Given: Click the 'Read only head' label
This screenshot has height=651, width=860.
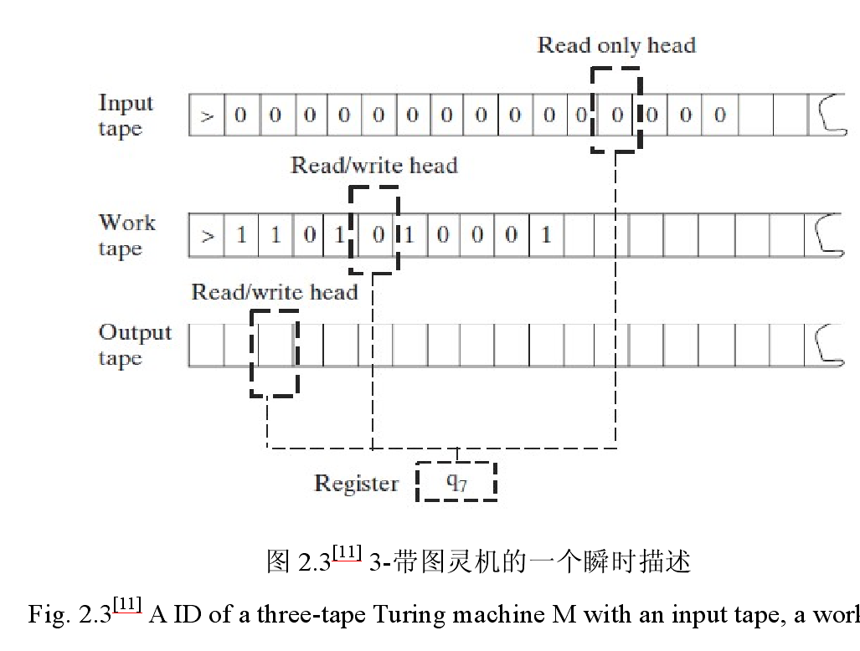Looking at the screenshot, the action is pyautogui.click(x=616, y=46).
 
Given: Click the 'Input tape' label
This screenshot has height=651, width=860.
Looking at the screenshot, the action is pyautogui.click(x=126, y=115).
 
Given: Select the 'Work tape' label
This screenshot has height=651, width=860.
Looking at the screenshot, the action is pyautogui.click(x=126, y=235).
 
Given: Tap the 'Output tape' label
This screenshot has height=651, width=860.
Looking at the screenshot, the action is pyautogui.click(x=135, y=345).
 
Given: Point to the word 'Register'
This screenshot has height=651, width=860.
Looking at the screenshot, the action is pyautogui.click(x=356, y=484).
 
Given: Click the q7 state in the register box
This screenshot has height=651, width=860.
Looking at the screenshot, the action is pyautogui.click(x=456, y=482).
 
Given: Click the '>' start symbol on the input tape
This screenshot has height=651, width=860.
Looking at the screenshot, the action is pyautogui.click(x=207, y=116).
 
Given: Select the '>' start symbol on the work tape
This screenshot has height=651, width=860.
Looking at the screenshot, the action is pyautogui.click(x=207, y=236).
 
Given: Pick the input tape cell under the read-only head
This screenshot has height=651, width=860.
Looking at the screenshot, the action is pyautogui.click(x=617, y=115).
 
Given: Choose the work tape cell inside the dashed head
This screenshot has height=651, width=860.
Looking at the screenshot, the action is pyautogui.click(x=378, y=235).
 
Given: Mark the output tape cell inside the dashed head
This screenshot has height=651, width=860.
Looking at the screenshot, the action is pyautogui.click(x=276, y=346).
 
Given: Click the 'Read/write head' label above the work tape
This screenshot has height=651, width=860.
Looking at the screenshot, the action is pyautogui.click(x=374, y=166).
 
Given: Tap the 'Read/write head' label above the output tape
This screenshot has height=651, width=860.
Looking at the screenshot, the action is pyautogui.click(x=274, y=292).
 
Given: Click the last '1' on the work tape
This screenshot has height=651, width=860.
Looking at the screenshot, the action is pyautogui.click(x=546, y=235).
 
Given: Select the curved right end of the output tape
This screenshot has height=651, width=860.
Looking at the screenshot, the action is pyautogui.click(x=829, y=345).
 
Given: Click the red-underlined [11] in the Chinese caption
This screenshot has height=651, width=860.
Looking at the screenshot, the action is pyautogui.click(x=347, y=551).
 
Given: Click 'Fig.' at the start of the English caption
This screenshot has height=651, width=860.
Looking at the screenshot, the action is pyautogui.click(x=49, y=615).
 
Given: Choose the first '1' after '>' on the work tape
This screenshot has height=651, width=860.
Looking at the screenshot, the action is pyautogui.click(x=241, y=235).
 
